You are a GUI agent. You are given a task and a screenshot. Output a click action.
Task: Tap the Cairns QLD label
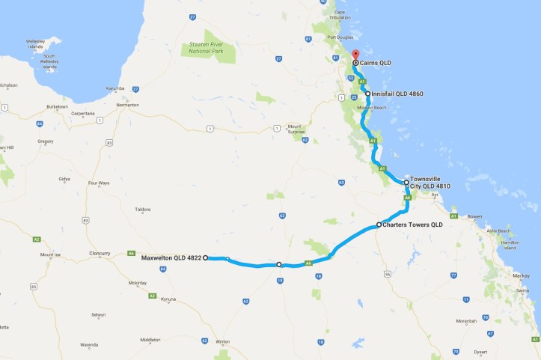coord(377,64)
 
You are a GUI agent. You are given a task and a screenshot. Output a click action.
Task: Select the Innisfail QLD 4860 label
coord(396,94)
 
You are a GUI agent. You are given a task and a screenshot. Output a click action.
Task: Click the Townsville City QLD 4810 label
coord(430,183)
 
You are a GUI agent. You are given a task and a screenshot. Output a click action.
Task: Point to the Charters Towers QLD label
coord(413,225)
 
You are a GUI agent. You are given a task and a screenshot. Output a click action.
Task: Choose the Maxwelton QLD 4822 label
coord(171,257)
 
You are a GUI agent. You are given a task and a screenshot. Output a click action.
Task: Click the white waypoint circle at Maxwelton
coord(206,257)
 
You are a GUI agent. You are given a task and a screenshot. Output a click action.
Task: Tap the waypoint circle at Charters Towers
coord(379,225)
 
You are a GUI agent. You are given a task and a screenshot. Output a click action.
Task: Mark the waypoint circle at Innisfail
coord(367,94)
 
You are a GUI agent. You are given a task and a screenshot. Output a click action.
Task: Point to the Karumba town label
coord(115,88)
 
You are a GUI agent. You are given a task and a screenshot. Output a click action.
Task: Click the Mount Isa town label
coord(50,254)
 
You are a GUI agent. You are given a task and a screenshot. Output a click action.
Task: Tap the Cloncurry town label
coord(99,253)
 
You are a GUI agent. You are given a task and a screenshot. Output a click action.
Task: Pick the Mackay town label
coord(520,276)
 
